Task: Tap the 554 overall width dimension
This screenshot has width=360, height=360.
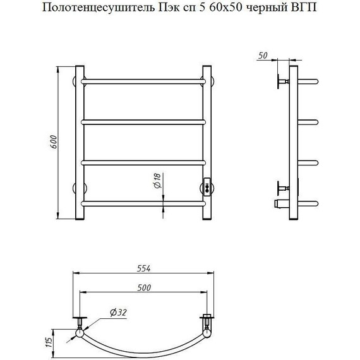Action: [x=144, y=268]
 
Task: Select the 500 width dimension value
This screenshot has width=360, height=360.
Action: [x=144, y=287]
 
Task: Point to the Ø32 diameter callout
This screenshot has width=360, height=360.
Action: [x=118, y=312]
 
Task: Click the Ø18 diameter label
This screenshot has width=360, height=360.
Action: [x=157, y=181]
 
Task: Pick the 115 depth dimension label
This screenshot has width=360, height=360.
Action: [x=49, y=343]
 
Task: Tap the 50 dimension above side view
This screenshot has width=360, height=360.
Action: [x=263, y=56]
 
